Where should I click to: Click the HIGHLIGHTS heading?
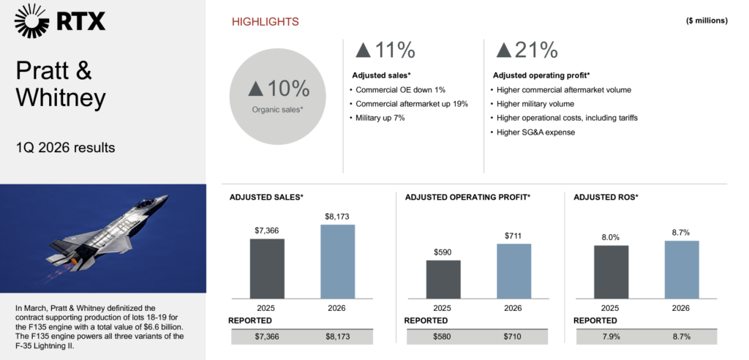tap(265, 22)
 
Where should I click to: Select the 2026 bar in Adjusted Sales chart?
tap(337, 260)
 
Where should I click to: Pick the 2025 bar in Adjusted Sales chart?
tap(267, 268)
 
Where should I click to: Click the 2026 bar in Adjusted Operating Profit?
tap(513, 271)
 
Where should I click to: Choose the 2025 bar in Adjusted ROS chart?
tap(611, 271)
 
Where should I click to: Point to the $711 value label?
tap(513, 235)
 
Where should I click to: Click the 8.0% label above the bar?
tap(611, 237)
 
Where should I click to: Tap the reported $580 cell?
tap(443, 337)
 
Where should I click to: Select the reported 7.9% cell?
tap(611, 337)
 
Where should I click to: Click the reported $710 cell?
tap(513, 337)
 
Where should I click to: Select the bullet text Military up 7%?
tap(378, 117)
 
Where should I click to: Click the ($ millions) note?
tap(707, 20)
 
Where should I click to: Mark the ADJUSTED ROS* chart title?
tap(606, 197)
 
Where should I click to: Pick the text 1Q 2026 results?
tap(66, 148)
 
